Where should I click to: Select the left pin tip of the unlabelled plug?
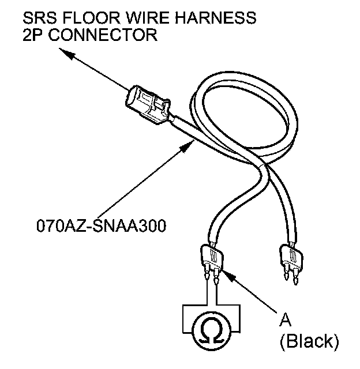tap(287, 279)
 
